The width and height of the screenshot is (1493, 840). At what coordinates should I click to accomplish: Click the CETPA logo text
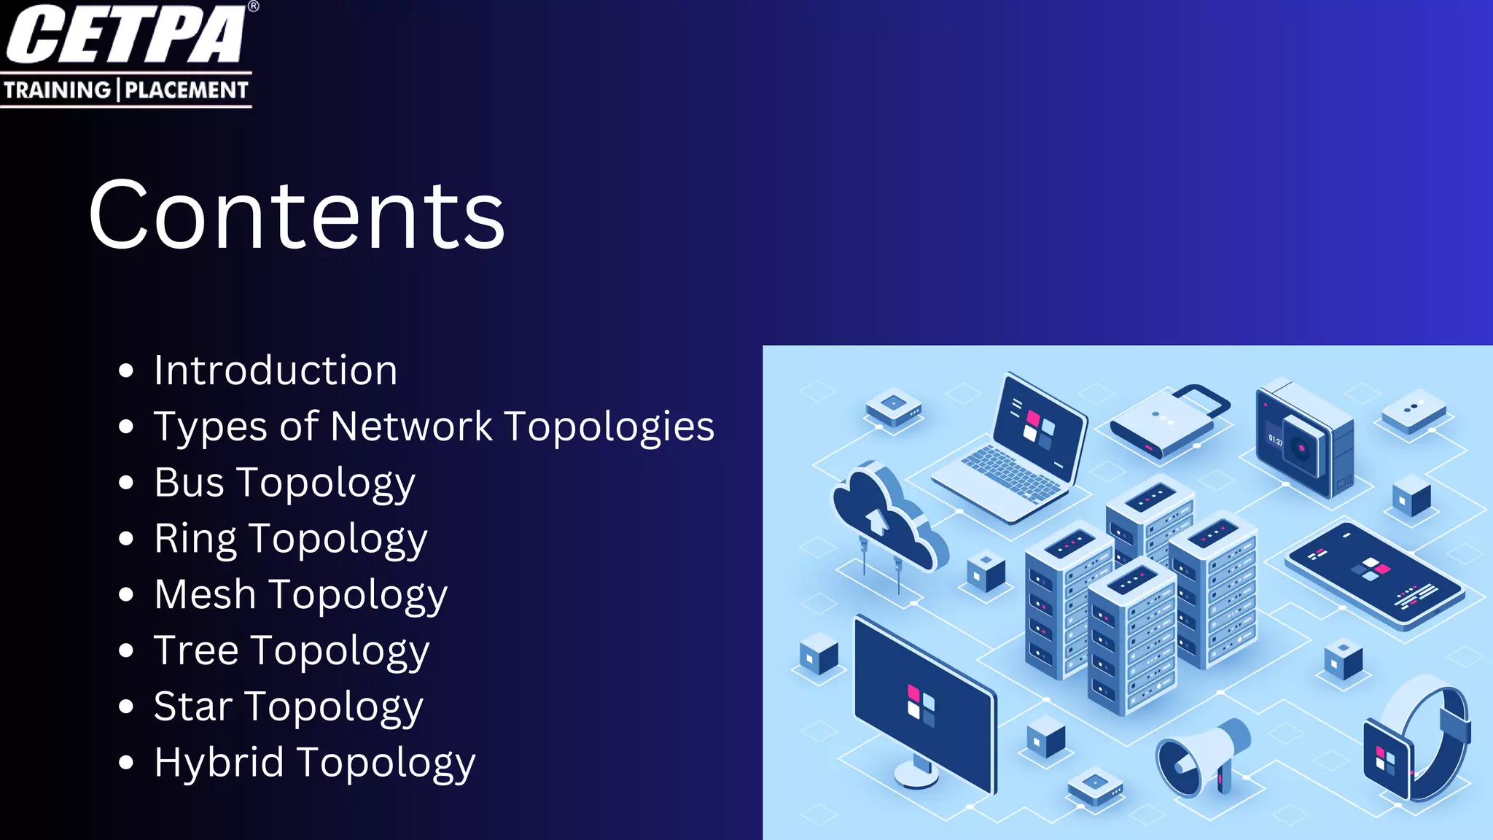(x=125, y=35)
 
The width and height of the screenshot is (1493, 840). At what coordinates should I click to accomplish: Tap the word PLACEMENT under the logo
(x=187, y=90)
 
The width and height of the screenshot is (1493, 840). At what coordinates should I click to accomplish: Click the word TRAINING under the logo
(x=57, y=90)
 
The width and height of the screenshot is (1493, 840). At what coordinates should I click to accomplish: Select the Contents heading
(x=296, y=215)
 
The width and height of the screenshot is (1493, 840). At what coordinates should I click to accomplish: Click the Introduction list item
(x=276, y=370)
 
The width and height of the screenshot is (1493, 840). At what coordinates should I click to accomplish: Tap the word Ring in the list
(x=195, y=540)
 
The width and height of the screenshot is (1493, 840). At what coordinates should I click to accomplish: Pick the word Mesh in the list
(x=205, y=594)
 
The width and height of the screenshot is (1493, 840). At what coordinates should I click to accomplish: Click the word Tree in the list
(x=196, y=650)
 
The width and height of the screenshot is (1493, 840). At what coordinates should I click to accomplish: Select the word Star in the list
(x=193, y=707)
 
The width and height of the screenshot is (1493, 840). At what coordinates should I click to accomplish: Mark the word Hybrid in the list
(x=219, y=763)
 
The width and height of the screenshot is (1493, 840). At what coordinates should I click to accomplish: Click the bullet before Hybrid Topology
(x=126, y=763)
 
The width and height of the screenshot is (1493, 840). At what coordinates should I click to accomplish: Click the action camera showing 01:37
(x=1301, y=437)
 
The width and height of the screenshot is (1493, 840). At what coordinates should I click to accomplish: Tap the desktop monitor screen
(x=922, y=704)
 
